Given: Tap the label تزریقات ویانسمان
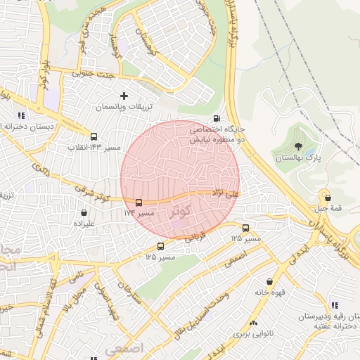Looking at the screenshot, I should click(124, 107).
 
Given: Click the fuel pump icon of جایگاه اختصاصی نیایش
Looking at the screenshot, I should click(216, 118).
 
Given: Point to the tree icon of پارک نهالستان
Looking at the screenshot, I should click(299, 147).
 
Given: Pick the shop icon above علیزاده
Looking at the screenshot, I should click(84, 212).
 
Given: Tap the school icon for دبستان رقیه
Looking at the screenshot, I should click(334, 304).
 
